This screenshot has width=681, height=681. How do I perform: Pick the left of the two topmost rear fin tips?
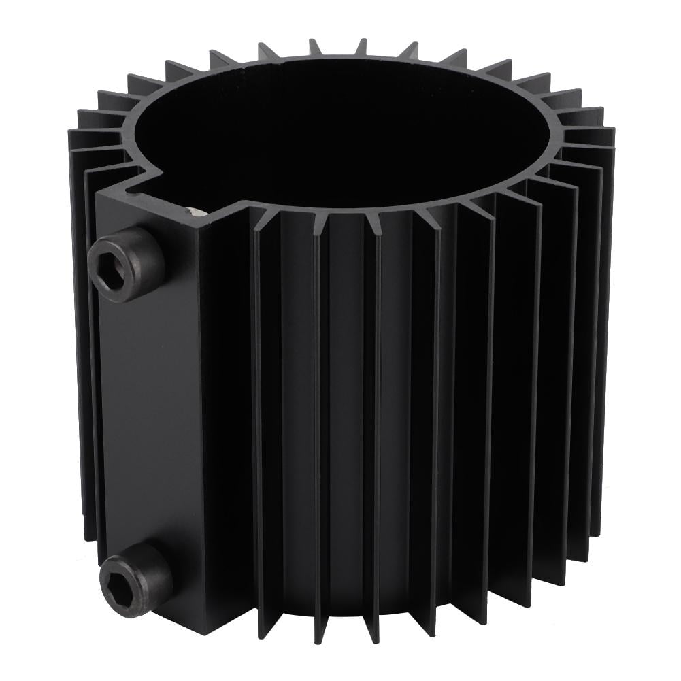click(315, 46)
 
